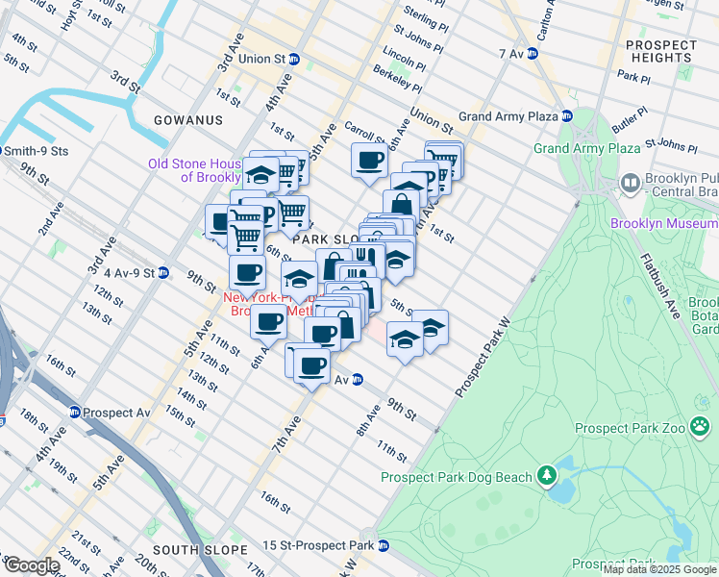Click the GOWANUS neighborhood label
(187, 120)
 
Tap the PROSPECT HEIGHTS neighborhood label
(660, 52)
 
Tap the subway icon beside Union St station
(294, 59)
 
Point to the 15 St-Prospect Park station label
(321, 545)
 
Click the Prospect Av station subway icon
(74, 413)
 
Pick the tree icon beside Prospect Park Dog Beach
(547, 474)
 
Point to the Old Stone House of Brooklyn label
(197, 170)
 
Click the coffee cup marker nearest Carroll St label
(369, 161)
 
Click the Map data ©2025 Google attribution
(659, 569)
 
